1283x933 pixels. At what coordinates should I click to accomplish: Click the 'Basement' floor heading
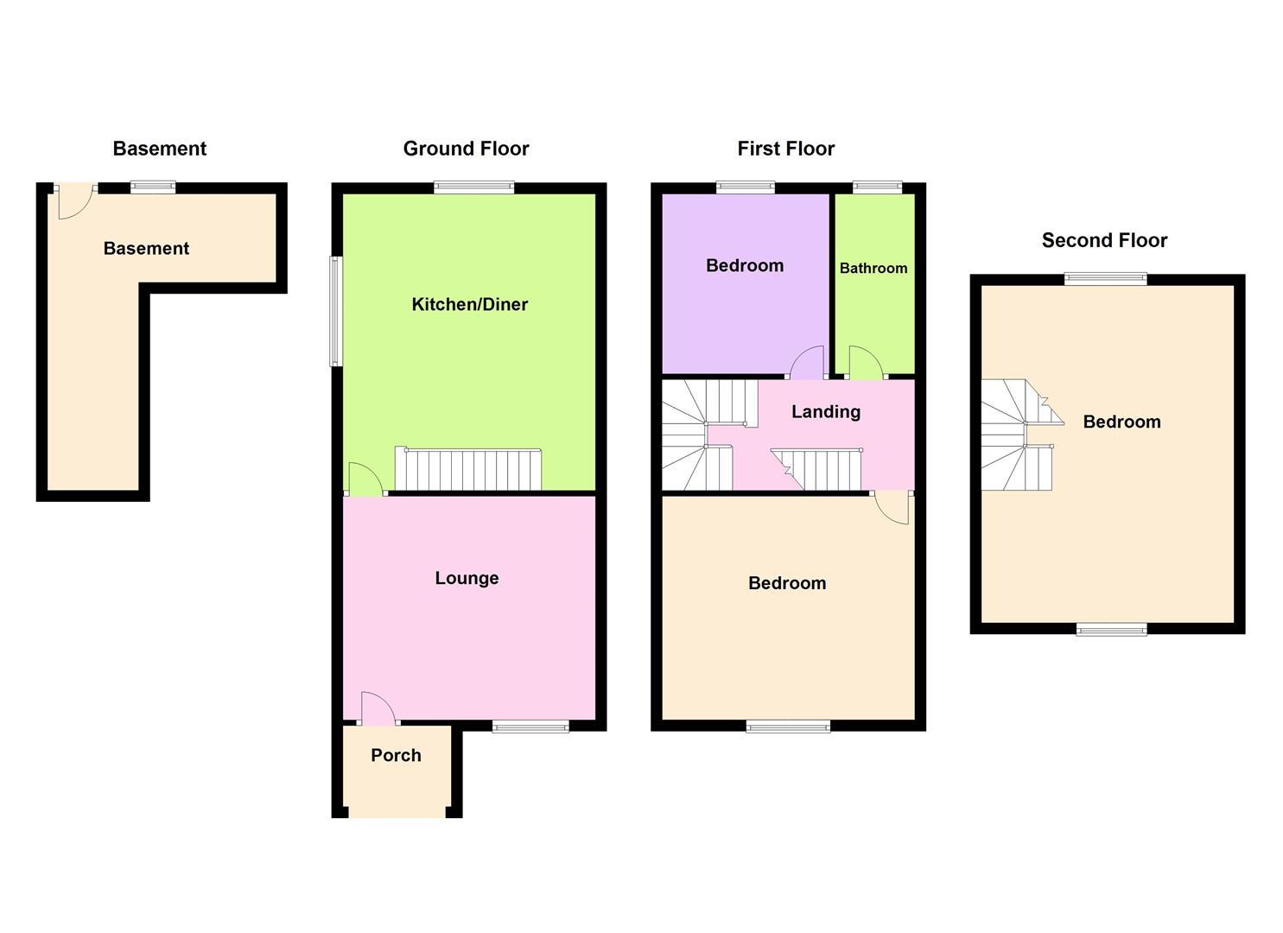tap(160, 149)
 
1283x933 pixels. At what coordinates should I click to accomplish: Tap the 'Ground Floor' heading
tap(466, 149)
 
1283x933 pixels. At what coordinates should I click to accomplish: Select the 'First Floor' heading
tap(785, 149)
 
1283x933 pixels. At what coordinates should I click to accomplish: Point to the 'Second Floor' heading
tap(1104, 240)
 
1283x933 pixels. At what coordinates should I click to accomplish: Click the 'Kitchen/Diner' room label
tap(469, 304)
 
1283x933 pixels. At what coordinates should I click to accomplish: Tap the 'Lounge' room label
tap(467, 578)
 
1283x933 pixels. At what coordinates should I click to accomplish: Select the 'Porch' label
tap(396, 755)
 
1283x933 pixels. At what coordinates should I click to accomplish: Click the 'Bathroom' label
tap(873, 268)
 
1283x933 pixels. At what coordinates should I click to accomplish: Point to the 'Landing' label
tap(826, 411)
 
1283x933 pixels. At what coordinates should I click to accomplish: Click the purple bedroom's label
tap(745, 265)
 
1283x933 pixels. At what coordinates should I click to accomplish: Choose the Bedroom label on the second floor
tap(1121, 422)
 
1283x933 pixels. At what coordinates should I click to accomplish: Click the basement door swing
tap(73, 202)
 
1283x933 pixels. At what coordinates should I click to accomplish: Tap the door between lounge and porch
tap(377, 708)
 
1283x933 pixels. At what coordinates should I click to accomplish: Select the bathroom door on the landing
tap(865, 363)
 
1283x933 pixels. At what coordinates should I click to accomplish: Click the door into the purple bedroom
tap(807, 363)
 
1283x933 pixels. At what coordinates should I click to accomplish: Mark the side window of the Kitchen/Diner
tap(336, 311)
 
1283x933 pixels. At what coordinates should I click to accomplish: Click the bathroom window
tap(877, 187)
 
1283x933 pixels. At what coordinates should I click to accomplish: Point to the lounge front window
tap(530, 727)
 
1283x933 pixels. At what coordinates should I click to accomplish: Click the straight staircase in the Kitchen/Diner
tap(468, 470)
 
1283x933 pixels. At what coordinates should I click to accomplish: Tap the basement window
tap(153, 187)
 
